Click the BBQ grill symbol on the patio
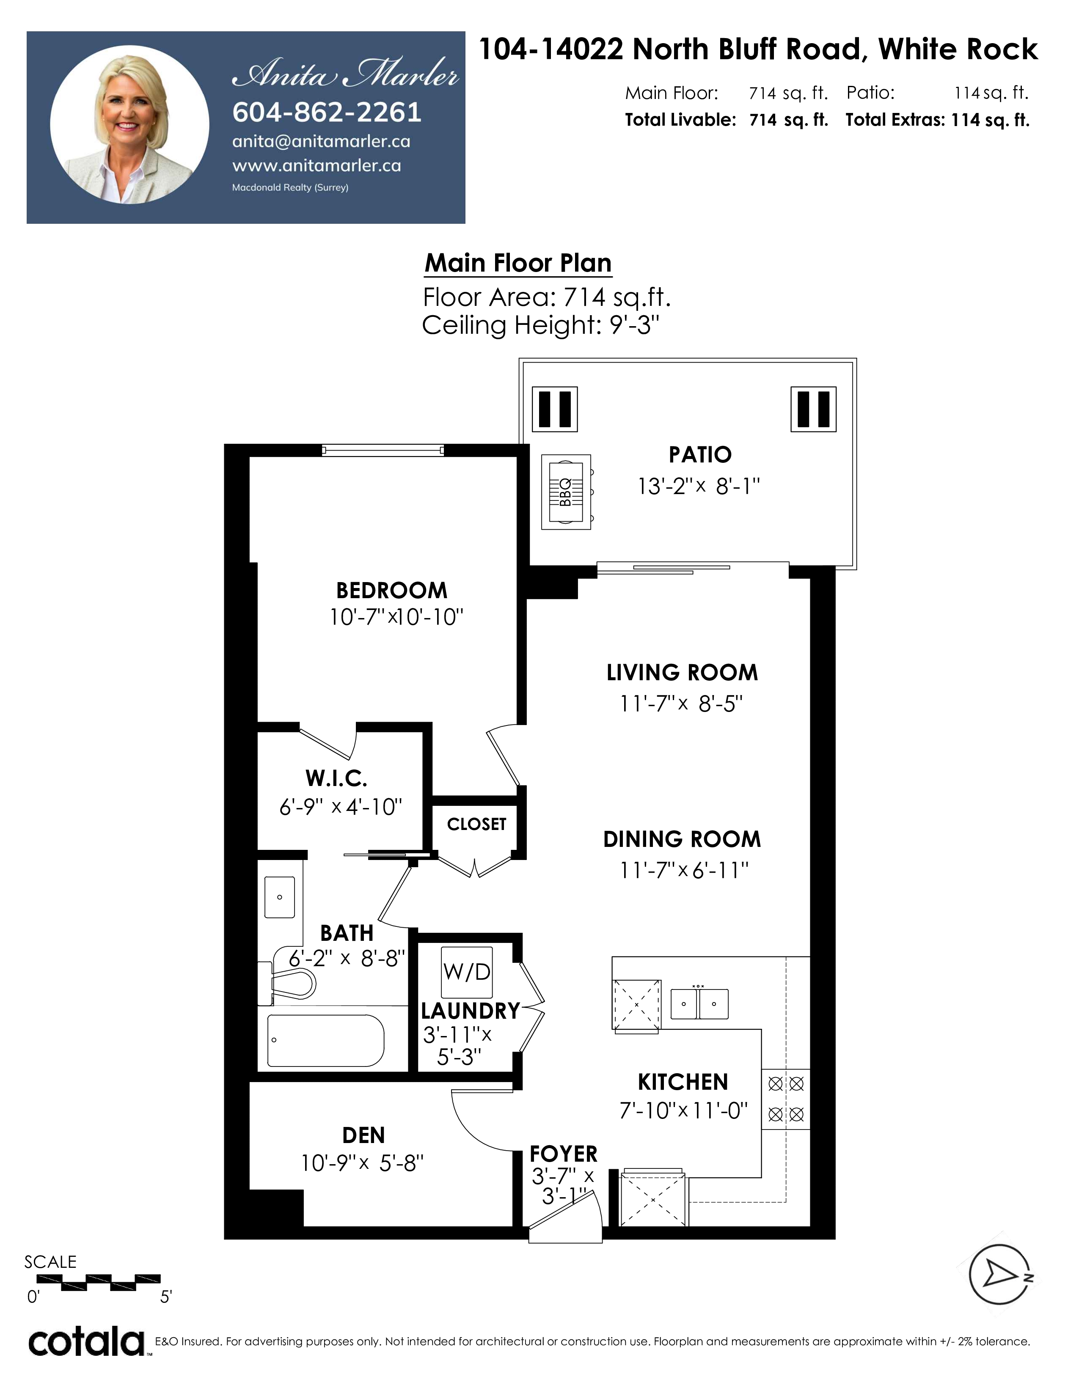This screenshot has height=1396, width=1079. (566, 492)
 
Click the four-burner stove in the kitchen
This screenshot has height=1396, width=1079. (786, 1099)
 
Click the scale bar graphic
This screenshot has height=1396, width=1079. (98, 1282)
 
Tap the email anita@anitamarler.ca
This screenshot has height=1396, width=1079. (321, 142)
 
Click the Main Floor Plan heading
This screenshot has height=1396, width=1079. (518, 263)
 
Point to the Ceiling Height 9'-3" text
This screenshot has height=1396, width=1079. (540, 325)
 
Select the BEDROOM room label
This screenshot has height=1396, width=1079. (392, 590)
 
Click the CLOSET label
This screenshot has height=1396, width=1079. (476, 824)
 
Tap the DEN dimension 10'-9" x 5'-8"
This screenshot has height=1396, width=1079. (363, 1162)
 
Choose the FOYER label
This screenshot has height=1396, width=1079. (564, 1154)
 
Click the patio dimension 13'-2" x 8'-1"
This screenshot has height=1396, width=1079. (699, 486)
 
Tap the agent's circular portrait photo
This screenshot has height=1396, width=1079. (130, 125)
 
